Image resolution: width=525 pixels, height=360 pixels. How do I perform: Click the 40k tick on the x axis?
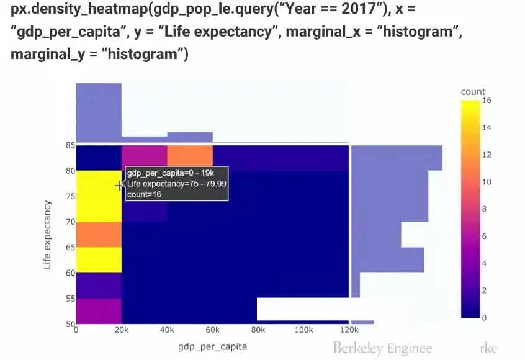[167, 330]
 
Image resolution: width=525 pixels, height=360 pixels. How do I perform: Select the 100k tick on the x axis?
[303, 330]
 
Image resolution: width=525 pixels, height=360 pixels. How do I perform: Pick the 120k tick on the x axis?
[349, 330]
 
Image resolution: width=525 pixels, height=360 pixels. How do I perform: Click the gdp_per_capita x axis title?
[212, 346]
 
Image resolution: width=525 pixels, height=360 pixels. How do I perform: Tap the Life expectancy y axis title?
[48, 234]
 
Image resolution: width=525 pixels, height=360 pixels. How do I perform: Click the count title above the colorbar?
[473, 92]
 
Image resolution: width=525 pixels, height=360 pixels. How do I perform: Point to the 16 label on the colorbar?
[487, 101]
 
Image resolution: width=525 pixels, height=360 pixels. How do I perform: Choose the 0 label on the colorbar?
[485, 318]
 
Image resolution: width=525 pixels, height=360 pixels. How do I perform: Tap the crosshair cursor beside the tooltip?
[119, 185]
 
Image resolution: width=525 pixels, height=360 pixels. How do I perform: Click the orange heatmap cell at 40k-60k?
[190, 158]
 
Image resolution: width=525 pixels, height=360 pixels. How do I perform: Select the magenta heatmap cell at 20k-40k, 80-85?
[145, 158]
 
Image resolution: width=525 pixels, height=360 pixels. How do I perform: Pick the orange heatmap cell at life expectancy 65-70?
[99, 235]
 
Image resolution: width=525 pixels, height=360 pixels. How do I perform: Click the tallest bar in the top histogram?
[99, 112]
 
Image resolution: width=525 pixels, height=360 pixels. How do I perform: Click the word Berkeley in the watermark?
[358, 348]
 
